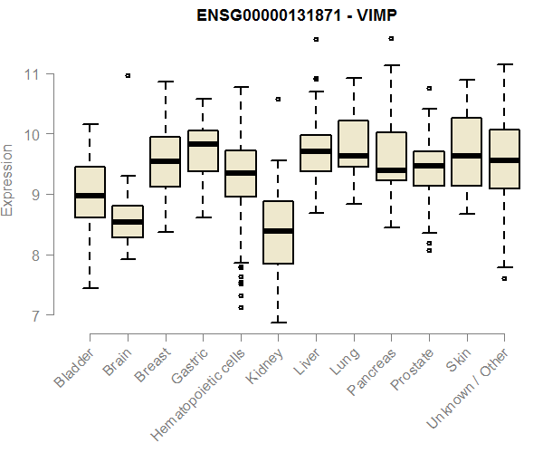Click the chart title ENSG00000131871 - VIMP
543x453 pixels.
(271, 15)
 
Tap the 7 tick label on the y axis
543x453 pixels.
(35, 315)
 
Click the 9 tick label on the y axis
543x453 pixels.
(35, 195)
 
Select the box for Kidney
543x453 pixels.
(278, 232)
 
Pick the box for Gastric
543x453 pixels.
(203, 150)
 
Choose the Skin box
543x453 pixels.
(466, 151)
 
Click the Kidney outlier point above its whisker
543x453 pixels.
(278, 99)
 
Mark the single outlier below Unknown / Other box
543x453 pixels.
(504, 278)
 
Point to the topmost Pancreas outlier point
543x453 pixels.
(391, 39)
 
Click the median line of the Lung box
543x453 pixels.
(353, 156)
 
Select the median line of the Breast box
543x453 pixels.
(165, 161)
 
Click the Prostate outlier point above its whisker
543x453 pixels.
(429, 89)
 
